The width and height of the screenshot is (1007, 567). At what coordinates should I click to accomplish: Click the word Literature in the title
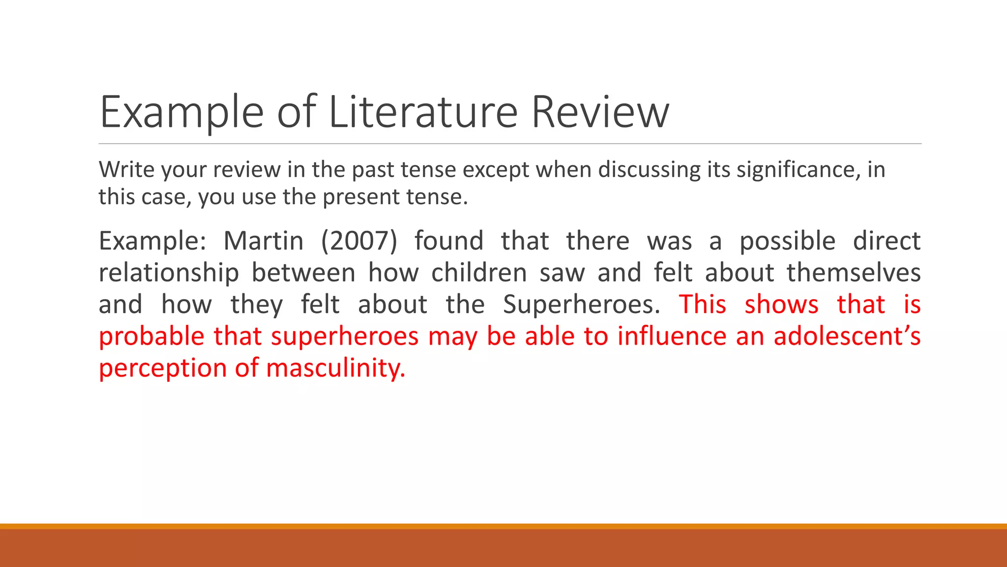[423, 112]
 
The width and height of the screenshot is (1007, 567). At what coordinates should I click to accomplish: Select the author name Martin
[264, 241]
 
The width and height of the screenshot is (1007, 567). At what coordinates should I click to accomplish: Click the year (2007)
[359, 241]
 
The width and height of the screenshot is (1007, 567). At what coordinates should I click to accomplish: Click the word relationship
[169, 273]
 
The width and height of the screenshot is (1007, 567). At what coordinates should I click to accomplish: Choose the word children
[479, 273]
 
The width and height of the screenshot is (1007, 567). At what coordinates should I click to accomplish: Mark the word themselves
[854, 273]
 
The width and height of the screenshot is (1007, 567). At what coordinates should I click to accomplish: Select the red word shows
[782, 305]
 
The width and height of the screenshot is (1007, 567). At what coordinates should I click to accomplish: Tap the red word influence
[671, 337]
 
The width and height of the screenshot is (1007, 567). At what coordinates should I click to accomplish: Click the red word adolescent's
[847, 337]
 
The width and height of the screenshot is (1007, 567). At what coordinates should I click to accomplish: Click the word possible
[788, 242]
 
